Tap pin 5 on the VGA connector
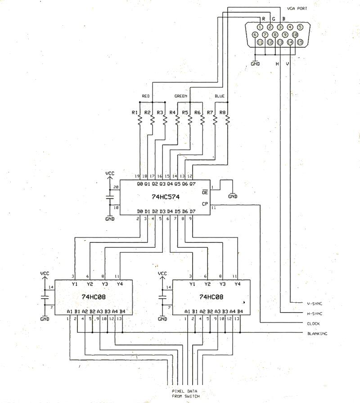[300, 27]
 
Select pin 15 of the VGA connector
[300, 42]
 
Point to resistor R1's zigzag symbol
[140, 120]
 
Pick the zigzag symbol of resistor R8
[227, 120]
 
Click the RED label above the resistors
[146, 96]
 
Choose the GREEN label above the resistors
[181, 96]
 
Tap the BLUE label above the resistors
[219, 96]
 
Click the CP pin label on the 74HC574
[205, 204]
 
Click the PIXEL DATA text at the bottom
[184, 391]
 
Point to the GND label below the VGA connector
[255, 64]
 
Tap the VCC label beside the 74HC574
[110, 173]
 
